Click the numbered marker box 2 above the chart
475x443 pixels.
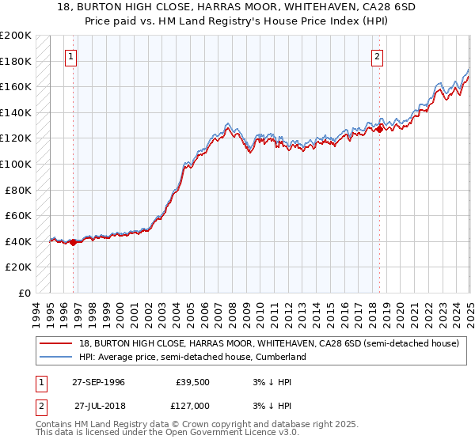(x=378, y=56)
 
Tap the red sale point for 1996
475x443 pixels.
(x=74, y=242)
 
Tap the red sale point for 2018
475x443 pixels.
(x=380, y=128)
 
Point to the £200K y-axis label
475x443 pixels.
(x=16, y=36)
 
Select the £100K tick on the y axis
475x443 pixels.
(x=16, y=164)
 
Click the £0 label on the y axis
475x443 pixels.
(x=25, y=293)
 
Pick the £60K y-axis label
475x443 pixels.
(x=18, y=215)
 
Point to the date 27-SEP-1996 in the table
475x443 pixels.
(x=98, y=382)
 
